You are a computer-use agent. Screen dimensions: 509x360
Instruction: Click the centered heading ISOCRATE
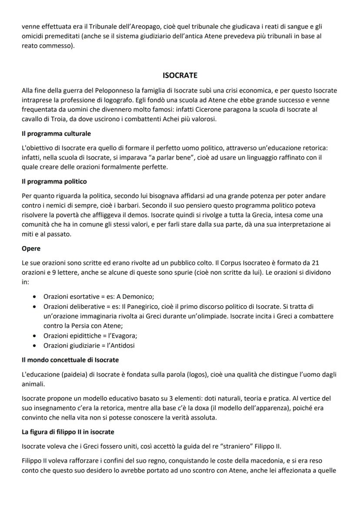pos(180,76)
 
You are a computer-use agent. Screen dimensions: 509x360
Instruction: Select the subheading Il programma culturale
pos(56,133)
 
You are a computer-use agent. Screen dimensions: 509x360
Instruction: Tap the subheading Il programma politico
pos(54,181)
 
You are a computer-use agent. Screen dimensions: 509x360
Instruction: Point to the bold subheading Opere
pos(31,249)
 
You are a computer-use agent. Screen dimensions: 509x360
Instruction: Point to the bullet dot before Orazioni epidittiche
pos(34,336)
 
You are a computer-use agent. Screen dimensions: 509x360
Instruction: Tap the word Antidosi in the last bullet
pos(123,346)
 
